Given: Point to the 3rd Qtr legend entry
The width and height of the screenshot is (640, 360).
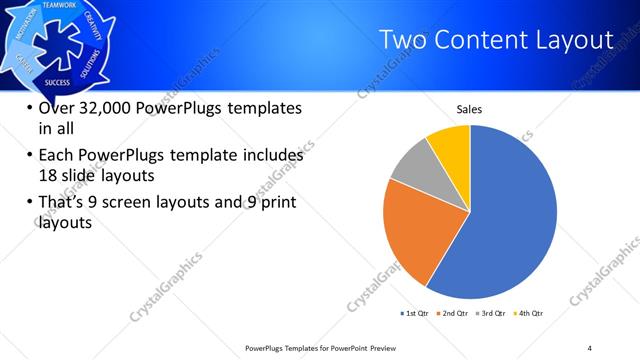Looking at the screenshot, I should [494, 314].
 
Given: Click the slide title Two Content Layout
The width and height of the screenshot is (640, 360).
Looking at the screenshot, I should [497, 40].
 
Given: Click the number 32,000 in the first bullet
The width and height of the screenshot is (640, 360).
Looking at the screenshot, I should [104, 109].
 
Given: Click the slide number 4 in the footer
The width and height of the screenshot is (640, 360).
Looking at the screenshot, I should [590, 346].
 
